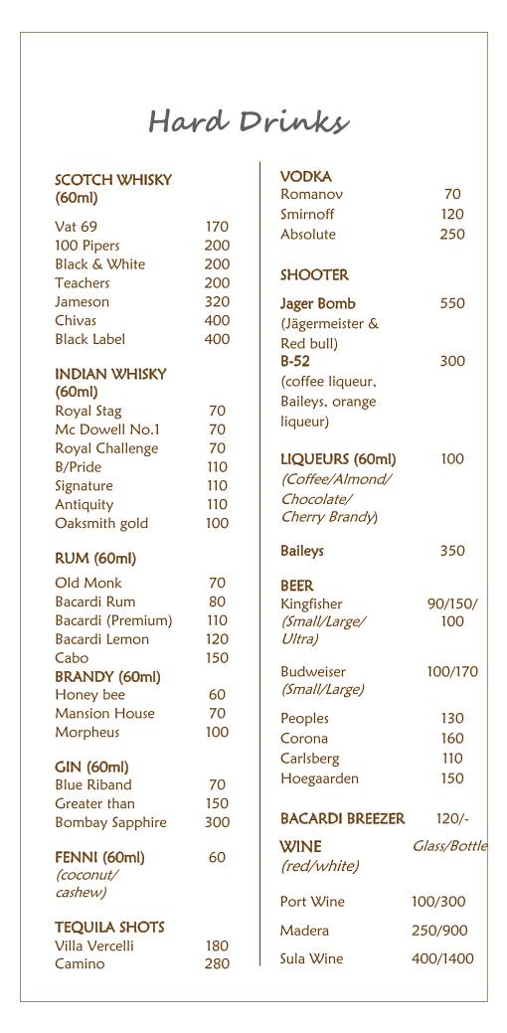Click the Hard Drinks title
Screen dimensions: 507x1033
pos(249,122)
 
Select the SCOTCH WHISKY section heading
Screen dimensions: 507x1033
pos(112,180)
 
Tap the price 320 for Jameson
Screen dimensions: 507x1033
pos(217,302)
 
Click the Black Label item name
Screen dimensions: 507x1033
pos(89,340)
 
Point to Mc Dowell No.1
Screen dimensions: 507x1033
pos(107,430)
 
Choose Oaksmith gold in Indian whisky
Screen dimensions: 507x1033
pos(101,524)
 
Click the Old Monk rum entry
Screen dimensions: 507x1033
pos(88,584)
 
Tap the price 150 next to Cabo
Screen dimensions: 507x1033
pos(217,658)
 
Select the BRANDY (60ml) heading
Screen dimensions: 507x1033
pos(107,677)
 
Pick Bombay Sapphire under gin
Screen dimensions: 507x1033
pos(110,823)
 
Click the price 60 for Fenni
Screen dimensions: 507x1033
pos(217,858)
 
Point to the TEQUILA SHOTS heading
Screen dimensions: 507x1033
pos(109,928)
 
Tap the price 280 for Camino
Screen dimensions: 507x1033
pos(217,964)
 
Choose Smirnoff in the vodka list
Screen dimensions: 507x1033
pos(307,215)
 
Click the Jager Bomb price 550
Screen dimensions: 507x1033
pos(452,304)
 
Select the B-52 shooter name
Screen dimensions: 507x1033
pos(295,362)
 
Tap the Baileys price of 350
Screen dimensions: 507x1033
pos(452,551)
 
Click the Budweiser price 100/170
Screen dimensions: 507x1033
pos(452,673)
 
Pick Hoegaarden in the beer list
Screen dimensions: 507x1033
pos(319,779)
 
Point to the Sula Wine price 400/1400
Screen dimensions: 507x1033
pos(442,959)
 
